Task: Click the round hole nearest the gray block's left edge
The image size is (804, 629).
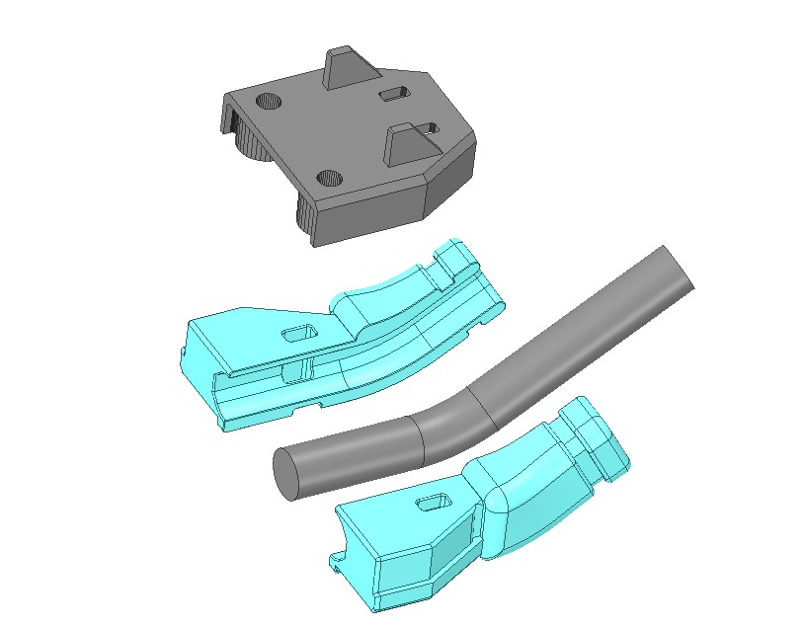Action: (x=268, y=101)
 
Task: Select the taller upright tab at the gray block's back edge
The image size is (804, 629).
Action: (x=342, y=69)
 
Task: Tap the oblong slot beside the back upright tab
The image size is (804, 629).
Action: (x=393, y=93)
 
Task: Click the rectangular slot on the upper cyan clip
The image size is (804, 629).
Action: (x=297, y=333)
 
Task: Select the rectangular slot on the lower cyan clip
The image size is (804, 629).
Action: (x=433, y=505)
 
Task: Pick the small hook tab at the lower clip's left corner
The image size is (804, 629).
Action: (x=341, y=564)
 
